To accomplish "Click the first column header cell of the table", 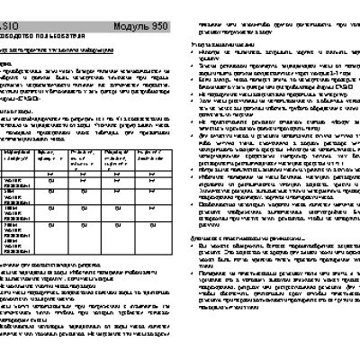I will point(19,135).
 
